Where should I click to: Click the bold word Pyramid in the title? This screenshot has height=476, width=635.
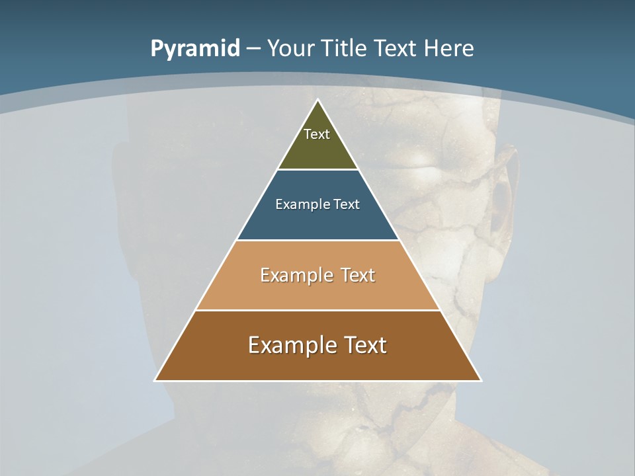195,49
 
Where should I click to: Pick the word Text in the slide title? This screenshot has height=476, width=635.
396,49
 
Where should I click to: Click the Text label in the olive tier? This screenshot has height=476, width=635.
317,134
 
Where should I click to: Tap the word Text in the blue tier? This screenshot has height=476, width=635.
347,205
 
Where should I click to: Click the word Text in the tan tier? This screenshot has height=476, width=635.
358,275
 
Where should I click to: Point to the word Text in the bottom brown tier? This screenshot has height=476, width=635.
364,345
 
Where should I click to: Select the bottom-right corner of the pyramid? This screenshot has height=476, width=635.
480,380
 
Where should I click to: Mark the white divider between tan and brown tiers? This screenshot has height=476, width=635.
318,310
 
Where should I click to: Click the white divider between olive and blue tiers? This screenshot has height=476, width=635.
318,169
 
